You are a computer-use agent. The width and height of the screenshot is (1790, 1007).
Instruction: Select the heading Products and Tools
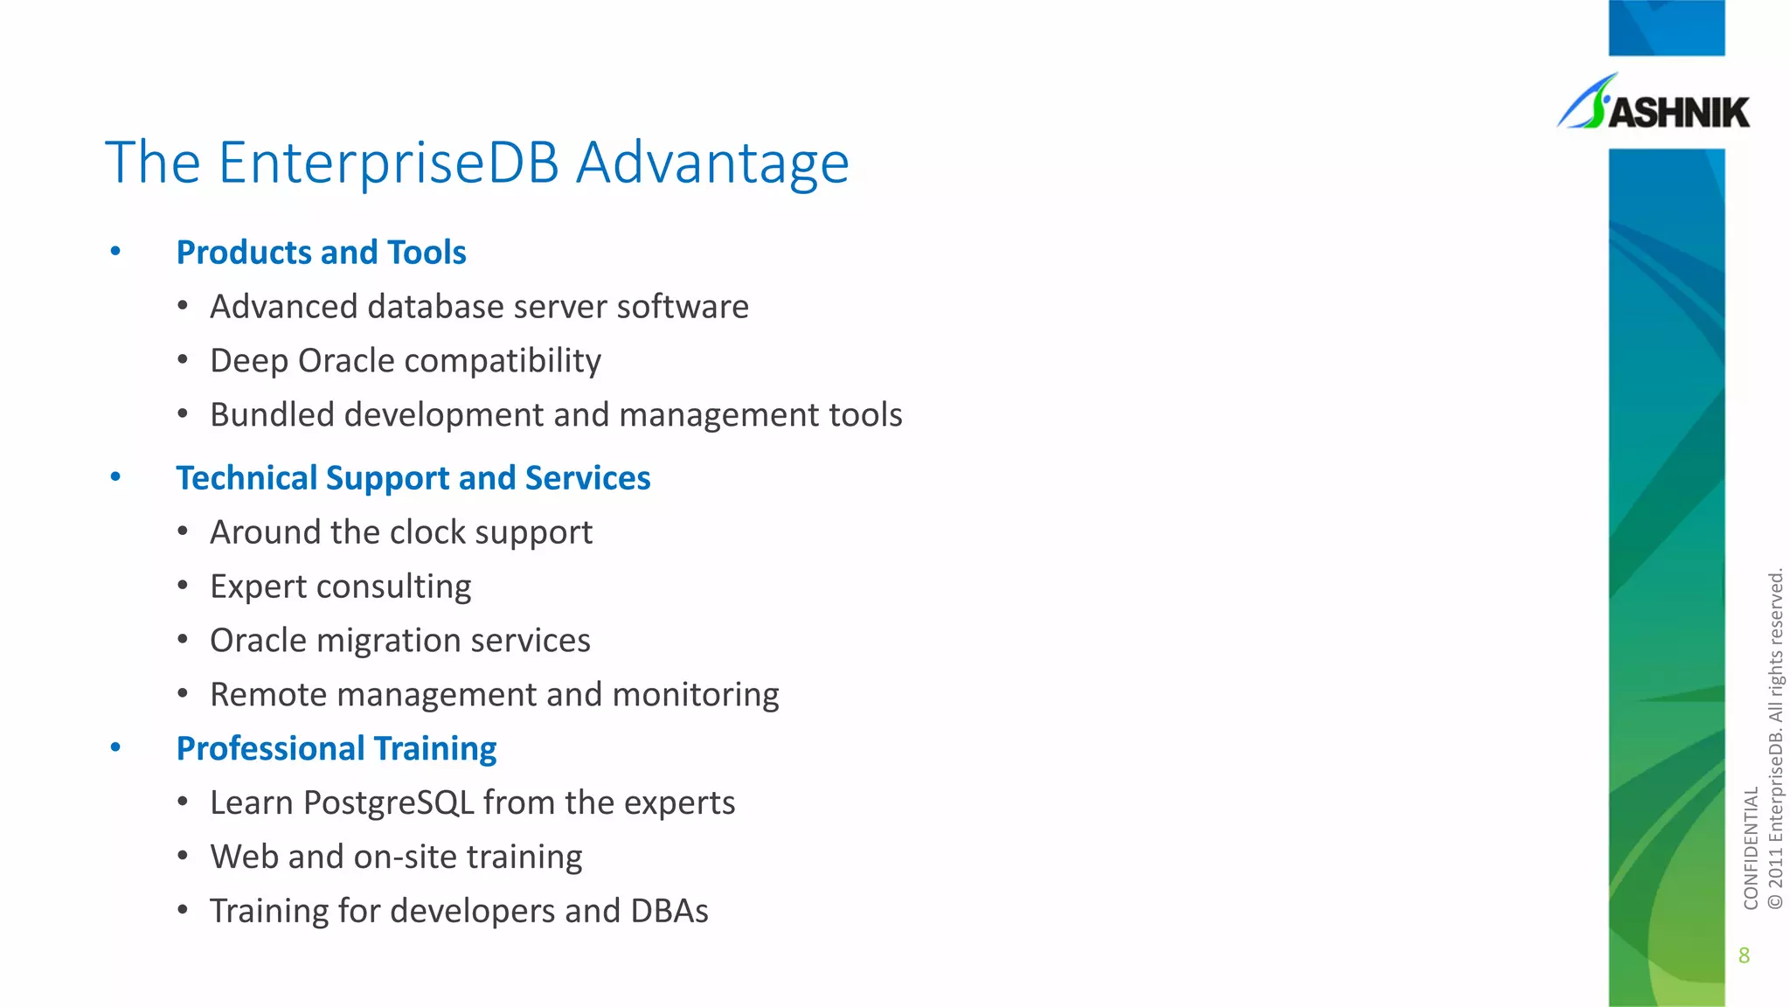pos(321,253)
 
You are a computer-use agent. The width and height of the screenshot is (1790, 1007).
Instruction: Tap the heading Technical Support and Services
pos(413,478)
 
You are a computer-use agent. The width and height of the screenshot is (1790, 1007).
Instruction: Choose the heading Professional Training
pos(336,749)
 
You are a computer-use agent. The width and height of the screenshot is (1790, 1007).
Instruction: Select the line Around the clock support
pos(400,532)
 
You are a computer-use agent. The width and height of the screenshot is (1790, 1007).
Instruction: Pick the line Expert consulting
pos(340,587)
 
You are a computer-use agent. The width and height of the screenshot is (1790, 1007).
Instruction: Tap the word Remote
pos(267,695)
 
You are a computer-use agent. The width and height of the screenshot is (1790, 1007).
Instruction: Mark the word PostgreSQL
pos(388,803)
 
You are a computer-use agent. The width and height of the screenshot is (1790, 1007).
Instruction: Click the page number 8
pos(1744,955)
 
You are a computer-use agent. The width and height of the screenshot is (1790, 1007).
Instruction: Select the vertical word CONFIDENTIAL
pos(1750,848)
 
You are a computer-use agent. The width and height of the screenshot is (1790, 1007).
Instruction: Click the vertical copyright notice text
pos(1775,739)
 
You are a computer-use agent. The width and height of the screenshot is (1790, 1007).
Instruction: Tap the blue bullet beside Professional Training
pos(115,748)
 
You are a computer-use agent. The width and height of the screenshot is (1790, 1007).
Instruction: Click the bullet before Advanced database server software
pos(183,307)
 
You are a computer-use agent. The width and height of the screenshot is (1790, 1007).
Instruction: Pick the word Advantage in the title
pos(711,163)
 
